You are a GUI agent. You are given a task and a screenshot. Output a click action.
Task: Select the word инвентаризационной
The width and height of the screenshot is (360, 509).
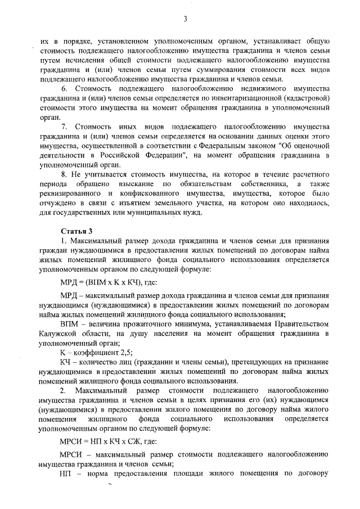(247, 100)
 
